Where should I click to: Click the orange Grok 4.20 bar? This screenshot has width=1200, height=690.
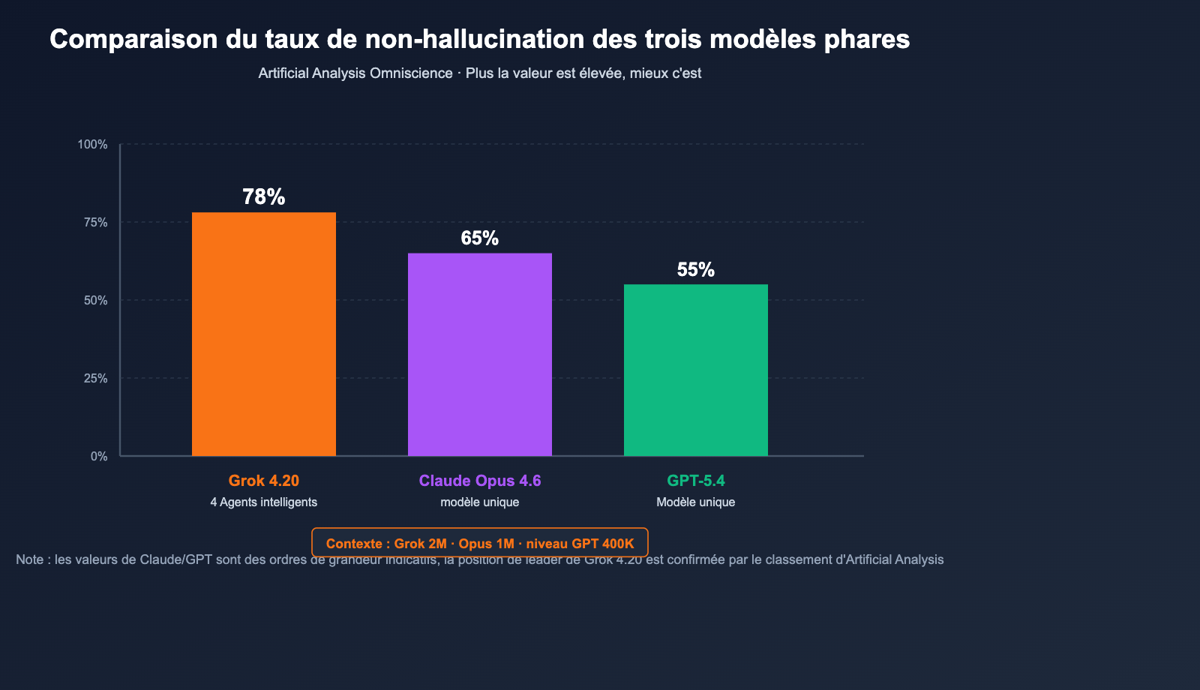click(264, 334)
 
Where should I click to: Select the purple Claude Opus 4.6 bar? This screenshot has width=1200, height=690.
click(480, 354)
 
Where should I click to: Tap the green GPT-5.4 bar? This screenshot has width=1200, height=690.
click(696, 370)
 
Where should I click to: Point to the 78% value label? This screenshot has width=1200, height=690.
click(264, 196)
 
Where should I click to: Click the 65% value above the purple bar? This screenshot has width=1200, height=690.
click(480, 238)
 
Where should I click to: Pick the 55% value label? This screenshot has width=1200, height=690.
click(696, 269)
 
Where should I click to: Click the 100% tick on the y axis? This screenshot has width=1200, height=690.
click(93, 144)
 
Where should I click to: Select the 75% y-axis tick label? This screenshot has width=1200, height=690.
click(95, 222)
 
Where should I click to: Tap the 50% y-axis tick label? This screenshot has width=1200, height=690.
click(95, 300)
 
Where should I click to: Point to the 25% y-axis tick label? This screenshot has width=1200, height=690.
click(95, 378)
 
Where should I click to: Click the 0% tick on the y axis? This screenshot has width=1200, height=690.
click(99, 456)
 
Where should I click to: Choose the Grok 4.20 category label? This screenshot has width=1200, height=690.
click(264, 481)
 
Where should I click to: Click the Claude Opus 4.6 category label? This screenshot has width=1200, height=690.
click(480, 481)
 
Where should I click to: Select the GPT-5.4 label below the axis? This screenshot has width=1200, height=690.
click(696, 481)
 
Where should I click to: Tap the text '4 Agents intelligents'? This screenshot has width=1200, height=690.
click(264, 502)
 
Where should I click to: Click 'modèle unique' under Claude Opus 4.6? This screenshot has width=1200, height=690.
click(480, 502)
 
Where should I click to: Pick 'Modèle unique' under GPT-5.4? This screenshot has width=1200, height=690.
click(696, 502)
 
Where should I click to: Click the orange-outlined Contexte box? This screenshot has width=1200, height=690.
click(480, 542)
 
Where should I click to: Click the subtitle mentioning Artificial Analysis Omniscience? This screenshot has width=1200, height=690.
click(480, 73)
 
